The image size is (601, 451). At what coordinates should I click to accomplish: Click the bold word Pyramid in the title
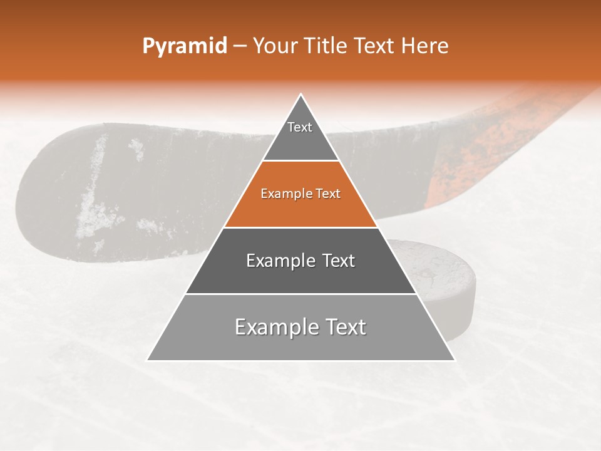184,46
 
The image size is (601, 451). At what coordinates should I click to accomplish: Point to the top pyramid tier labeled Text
300,135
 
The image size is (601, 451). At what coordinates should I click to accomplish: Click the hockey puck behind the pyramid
438,276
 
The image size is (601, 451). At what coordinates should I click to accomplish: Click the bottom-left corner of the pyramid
148,360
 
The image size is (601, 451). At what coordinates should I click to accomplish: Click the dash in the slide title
239,46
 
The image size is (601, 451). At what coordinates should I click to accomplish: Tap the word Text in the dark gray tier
339,261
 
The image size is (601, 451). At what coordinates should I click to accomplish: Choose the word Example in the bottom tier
272,327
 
